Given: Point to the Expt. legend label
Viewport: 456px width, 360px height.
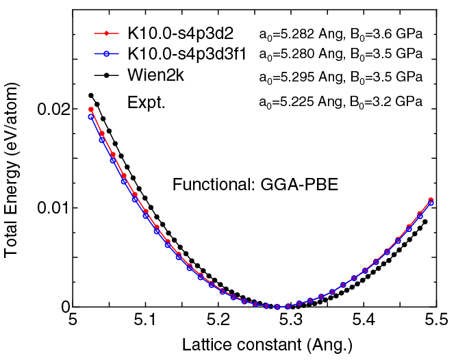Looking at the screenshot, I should point(147,102).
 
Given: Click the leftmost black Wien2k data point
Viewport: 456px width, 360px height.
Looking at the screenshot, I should point(91,96).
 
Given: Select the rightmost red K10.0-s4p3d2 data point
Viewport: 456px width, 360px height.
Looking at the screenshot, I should point(431,200).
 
